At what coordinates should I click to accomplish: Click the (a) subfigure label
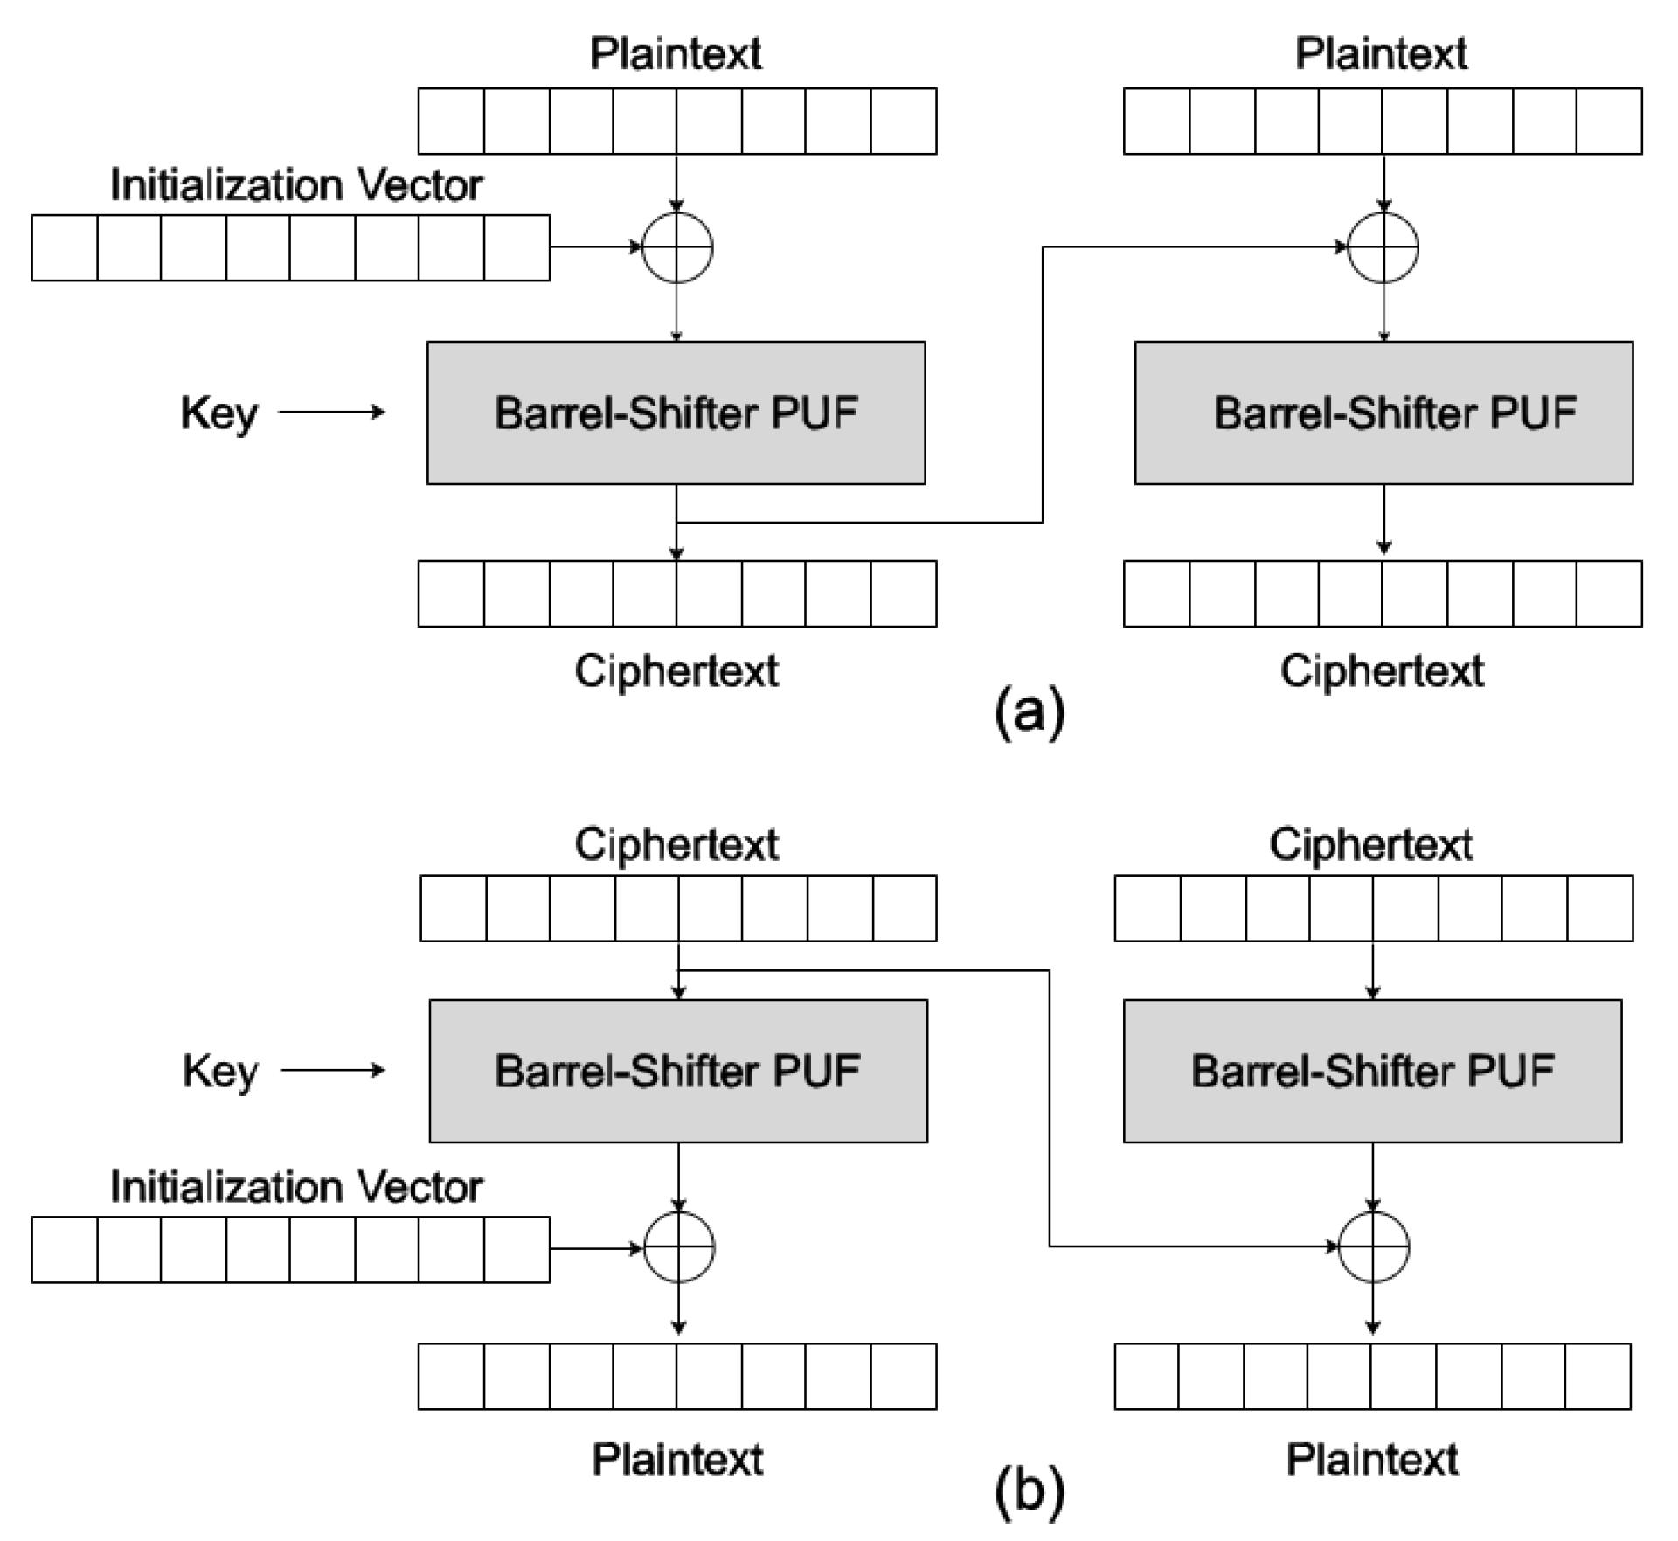point(1030,713)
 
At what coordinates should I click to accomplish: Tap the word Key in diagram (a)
point(218,413)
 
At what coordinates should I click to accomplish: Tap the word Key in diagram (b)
point(220,1071)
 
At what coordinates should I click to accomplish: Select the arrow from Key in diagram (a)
point(332,412)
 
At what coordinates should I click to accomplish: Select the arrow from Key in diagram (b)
point(332,1070)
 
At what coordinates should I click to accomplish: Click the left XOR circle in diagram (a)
point(677,247)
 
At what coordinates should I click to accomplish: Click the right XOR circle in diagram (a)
point(1383,247)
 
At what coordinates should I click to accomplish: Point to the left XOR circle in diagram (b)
point(679,1247)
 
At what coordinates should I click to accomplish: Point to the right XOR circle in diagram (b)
point(1373,1247)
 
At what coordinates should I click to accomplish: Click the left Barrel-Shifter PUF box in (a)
point(676,413)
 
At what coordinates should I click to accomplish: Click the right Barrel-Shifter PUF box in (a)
point(1383,413)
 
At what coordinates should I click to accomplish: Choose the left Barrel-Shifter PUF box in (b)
point(678,1071)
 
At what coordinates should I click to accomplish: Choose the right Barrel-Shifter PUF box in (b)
point(1372,1071)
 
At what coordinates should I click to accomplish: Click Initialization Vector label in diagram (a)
point(295,185)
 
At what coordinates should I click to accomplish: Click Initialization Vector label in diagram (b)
point(295,1187)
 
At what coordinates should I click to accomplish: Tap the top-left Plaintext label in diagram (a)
point(676,53)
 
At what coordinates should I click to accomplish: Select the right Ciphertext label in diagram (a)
point(1382,671)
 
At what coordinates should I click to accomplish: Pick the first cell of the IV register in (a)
point(65,248)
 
